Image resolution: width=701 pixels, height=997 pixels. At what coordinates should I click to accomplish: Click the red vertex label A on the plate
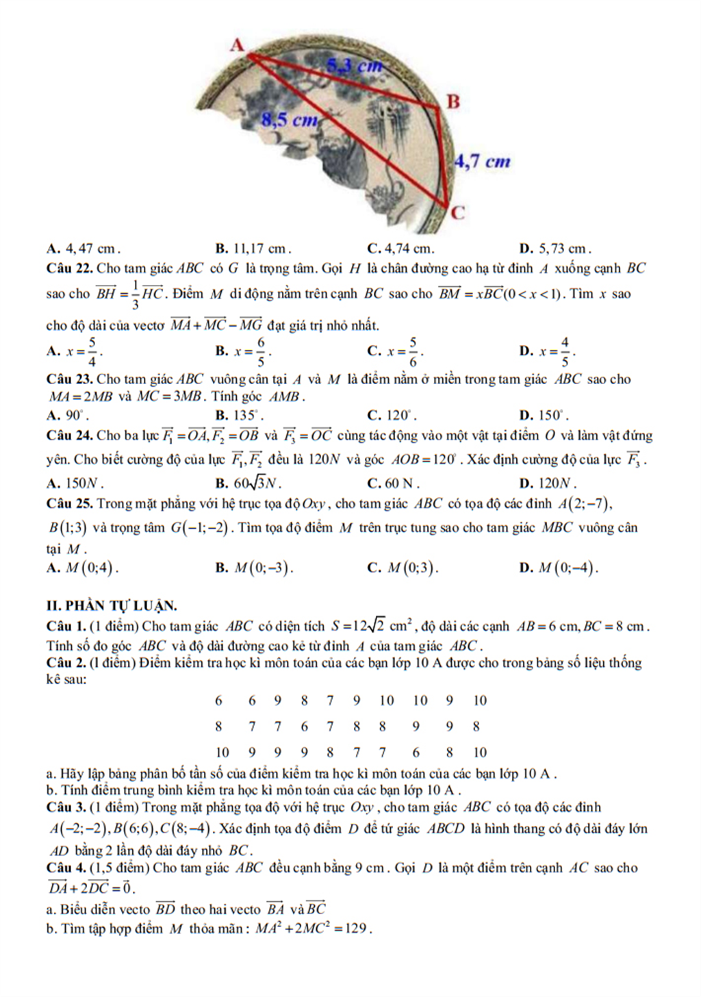click(x=237, y=45)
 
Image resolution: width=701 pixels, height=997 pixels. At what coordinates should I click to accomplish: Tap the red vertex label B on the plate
click(x=453, y=101)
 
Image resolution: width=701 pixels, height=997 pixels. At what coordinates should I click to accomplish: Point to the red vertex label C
click(x=457, y=212)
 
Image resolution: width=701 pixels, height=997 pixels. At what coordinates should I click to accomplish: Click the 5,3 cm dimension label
click(x=353, y=66)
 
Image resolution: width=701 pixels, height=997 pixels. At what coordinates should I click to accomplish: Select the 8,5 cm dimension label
click(x=290, y=121)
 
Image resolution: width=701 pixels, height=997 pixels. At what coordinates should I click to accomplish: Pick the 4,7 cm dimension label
click(x=483, y=162)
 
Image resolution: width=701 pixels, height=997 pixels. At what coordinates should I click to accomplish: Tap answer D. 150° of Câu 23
click(x=545, y=415)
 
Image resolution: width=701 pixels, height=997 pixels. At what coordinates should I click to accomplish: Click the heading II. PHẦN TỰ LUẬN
click(x=112, y=605)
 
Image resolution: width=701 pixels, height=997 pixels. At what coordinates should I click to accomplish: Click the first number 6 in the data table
click(x=219, y=701)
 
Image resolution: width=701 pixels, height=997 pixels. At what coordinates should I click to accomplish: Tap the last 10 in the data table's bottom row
click(x=480, y=753)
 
